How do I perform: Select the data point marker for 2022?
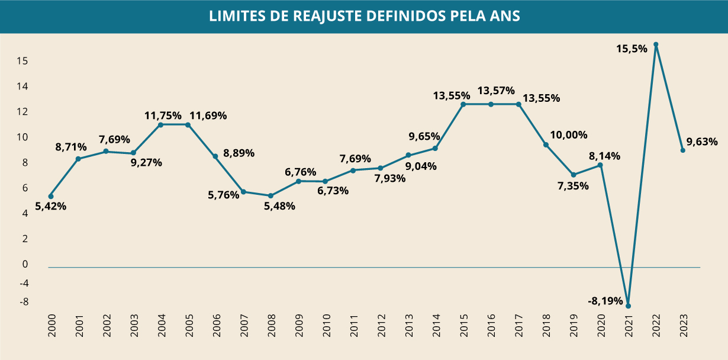coord(656,44)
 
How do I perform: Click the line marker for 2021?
coord(628,306)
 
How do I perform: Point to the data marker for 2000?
coord(51,196)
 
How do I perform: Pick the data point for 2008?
coord(270,195)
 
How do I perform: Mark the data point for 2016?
coord(491,104)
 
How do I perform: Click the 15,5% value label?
coord(632,49)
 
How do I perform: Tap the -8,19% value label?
coord(605,301)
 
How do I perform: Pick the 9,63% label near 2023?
coord(702,142)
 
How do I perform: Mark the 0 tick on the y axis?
coord(25,264)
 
